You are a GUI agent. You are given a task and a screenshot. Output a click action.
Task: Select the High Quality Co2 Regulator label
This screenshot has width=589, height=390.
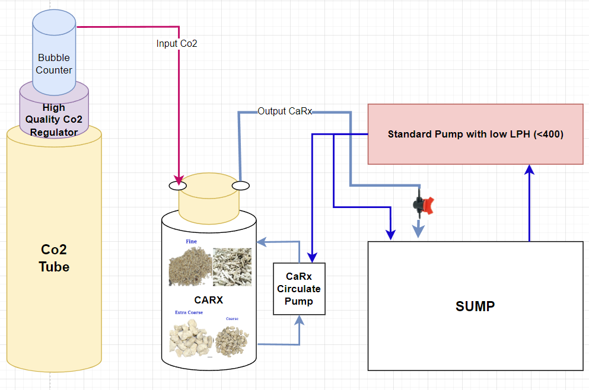tap(54, 120)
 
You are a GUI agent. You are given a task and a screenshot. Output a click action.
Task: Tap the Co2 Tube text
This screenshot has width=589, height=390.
tap(54, 259)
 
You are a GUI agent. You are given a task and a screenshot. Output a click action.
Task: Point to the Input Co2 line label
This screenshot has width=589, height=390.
tap(176, 44)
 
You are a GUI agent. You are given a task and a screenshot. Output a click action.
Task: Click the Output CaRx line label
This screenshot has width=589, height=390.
tap(285, 111)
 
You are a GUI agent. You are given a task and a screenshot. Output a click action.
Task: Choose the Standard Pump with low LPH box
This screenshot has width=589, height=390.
tap(475, 134)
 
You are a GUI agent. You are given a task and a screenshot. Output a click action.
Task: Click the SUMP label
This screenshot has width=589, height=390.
tap(475, 306)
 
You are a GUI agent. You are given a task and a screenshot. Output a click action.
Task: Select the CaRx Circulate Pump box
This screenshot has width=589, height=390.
tap(299, 289)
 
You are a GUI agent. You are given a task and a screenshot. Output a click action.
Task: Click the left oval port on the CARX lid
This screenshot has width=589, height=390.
tap(178, 186)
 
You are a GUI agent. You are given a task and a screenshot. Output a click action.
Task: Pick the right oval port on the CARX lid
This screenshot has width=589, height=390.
tap(240, 186)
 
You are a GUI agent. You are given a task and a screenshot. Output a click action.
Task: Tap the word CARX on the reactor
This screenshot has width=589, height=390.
tap(209, 300)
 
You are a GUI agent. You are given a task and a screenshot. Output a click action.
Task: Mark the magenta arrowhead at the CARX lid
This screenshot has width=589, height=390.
tap(178, 179)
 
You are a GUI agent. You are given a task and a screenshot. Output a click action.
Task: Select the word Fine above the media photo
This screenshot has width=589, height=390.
tap(191, 242)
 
